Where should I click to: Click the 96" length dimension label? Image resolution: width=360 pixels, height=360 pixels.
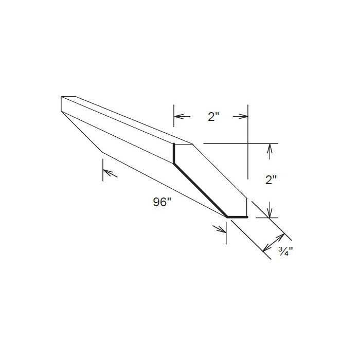click(161, 203)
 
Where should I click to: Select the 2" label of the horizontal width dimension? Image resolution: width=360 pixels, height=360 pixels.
click(214, 117)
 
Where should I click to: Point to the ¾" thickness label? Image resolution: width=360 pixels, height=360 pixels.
click(284, 251)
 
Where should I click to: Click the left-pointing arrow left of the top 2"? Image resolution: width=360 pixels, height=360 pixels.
click(178, 117)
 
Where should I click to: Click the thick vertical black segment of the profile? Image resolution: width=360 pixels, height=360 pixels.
click(174, 153)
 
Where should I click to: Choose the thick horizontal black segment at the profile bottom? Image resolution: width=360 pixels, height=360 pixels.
click(238, 217)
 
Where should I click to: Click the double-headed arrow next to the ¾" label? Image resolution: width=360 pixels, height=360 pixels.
click(274, 243)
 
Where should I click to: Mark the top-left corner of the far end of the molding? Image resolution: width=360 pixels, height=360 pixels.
click(61, 96)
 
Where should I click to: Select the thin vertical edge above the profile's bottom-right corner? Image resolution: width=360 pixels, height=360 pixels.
click(248, 207)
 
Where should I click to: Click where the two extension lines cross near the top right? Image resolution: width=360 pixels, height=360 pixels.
click(248, 143)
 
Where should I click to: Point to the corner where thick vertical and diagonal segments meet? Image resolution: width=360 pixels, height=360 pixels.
click(174, 164)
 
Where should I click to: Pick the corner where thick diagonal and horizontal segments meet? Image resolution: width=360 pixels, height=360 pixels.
click(228, 217)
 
